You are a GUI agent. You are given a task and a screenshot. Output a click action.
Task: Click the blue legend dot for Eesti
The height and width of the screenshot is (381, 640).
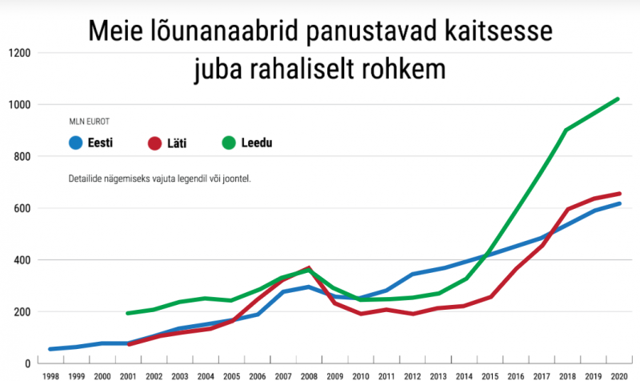pyautogui.click(x=77, y=144)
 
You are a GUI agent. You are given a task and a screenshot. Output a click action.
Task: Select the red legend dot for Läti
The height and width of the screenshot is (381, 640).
pyautogui.click(x=154, y=144)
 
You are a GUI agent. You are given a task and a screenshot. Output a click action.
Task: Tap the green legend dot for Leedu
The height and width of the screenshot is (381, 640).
pyautogui.click(x=229, y=144)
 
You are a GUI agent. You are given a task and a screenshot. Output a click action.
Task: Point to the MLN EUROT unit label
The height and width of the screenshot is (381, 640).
pyautogui.click(x=89, y=122)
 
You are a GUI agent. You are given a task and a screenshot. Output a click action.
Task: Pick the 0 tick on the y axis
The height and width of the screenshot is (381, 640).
pyautogui.click(x=27, y=363)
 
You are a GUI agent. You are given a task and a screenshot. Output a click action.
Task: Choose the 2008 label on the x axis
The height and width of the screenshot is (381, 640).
pyautogui.click(x=309, y=375)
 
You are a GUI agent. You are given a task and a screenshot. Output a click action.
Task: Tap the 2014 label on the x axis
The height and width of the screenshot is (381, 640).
pyautogui.click(x=462, y=375)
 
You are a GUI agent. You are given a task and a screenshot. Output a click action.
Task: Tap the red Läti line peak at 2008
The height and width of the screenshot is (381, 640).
pyautogui.click(x=309, y=268)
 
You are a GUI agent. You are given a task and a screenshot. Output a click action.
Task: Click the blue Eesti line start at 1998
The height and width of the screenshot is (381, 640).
pyautogui.click(x=50, y=349)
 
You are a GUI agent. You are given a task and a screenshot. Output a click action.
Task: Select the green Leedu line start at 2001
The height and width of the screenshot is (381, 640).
pyautogui.click(x=128, y=313)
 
